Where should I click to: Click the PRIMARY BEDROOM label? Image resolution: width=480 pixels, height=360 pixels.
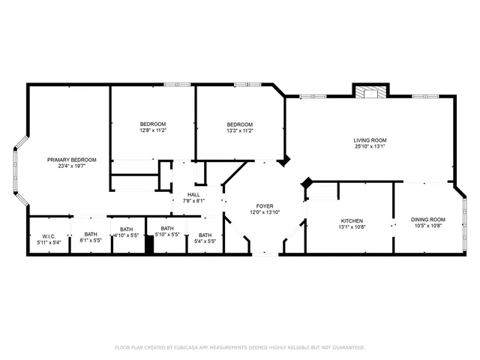pyautogui.click(x=72, y=160)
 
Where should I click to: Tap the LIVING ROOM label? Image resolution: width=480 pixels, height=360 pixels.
pyautogui.click(x=370, y=139)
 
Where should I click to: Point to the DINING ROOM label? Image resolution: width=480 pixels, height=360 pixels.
pyautogui.click(x=427, y=220)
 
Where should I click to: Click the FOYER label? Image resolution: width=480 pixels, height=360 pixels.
pyautogui.click(x=265, y=205)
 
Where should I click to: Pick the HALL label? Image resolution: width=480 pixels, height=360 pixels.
pyautogui.click(x=193, y=194)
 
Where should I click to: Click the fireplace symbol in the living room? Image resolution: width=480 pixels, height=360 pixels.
pyautogui.click(x=370, y=94)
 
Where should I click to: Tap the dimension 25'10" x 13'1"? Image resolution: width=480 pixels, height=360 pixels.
pyautogui.click(x=370, y=146)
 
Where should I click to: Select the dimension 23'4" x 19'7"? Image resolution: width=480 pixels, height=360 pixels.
pyautogui.click(x=72, y=166)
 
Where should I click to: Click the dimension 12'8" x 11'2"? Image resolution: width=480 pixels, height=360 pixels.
pyautogui.click(x=153, y=130)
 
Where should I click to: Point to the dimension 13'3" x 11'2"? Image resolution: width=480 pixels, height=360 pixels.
pyautogui.click(x=240, y=130)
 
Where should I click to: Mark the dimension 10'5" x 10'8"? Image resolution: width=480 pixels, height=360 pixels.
pyautogui.click(x=427, y=226)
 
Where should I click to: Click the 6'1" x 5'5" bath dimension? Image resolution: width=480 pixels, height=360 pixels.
pyautogui.click(x=91, y=241)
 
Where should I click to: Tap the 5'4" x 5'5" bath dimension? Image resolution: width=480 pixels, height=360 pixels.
pyautogui.click(x=205, y=241)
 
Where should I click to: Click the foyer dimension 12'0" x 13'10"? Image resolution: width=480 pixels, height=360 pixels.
pyautogui.click(x=265, y=212)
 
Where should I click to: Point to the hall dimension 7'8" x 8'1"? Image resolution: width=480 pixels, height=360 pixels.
pyautogui.click(x=193, y=201)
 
